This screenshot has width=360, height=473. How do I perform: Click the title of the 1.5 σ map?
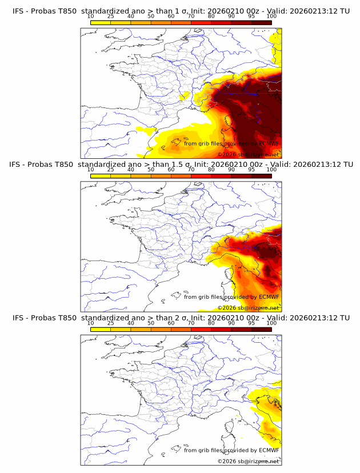(180, 165)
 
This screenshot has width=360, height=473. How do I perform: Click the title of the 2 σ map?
(180, 318)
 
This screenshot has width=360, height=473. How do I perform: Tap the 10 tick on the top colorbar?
(91, 16)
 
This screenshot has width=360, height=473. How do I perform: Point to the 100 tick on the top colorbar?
(271, 16)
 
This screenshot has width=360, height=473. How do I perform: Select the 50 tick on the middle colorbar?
(151, 169)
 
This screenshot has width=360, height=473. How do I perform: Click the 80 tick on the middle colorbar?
(211, 169)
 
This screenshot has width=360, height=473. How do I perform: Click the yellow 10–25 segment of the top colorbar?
(101, 22)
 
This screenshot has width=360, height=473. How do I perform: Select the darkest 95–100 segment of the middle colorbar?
(261, 175)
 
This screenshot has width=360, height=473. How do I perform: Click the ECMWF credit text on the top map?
(231, 144)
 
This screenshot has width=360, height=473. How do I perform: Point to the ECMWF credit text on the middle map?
(231, 297)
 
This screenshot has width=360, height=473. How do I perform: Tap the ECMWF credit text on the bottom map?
(231, 450)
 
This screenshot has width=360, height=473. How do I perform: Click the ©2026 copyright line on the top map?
(248, 155)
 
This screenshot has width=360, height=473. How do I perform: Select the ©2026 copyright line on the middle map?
(248, 308)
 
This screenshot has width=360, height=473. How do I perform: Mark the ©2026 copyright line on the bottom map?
(248, 461)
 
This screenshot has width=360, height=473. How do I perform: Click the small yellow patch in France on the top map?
(184, 97)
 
